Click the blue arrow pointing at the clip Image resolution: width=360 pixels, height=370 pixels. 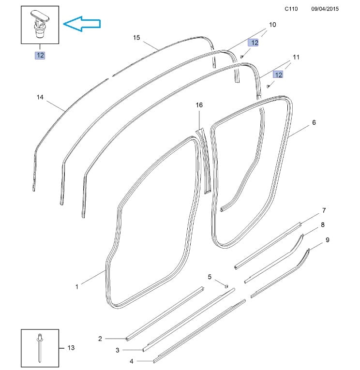pyautogui.click(x=82, y=24)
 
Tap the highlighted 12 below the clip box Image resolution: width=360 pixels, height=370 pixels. pyautogui.click(x=40, y=55)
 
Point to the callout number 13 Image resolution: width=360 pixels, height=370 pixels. pyautogui.click(x=71, y=347)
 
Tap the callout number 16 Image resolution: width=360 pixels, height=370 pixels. pyautogui.click(x=199, y=105)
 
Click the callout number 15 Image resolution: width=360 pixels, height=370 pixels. pyautogui.click(x=136, y=38)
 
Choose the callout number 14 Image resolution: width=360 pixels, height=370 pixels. pyautogui.click(x=40, y=98)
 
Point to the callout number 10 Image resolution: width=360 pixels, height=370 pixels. pyautogui.click(x=272, y=25)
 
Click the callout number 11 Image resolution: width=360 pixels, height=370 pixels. pyautogui.click(x=296, y=57)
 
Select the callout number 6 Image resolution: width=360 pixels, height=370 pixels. pyautogui.click(x=314, y=123)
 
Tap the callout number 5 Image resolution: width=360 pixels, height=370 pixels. pyautogui.click(x=210, y=277)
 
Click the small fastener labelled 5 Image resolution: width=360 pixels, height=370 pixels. pyautogui.click(x=226, y=286)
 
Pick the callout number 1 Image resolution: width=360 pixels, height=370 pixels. pyautogui.click(x=76, y=287)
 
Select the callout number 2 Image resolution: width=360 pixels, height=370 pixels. pyautogui.click(x=100, y=339)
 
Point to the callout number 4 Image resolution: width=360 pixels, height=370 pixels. pyautogui.click(x=131, y=361)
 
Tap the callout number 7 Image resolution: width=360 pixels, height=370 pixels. pyautogui.click(x=324, y=210)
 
